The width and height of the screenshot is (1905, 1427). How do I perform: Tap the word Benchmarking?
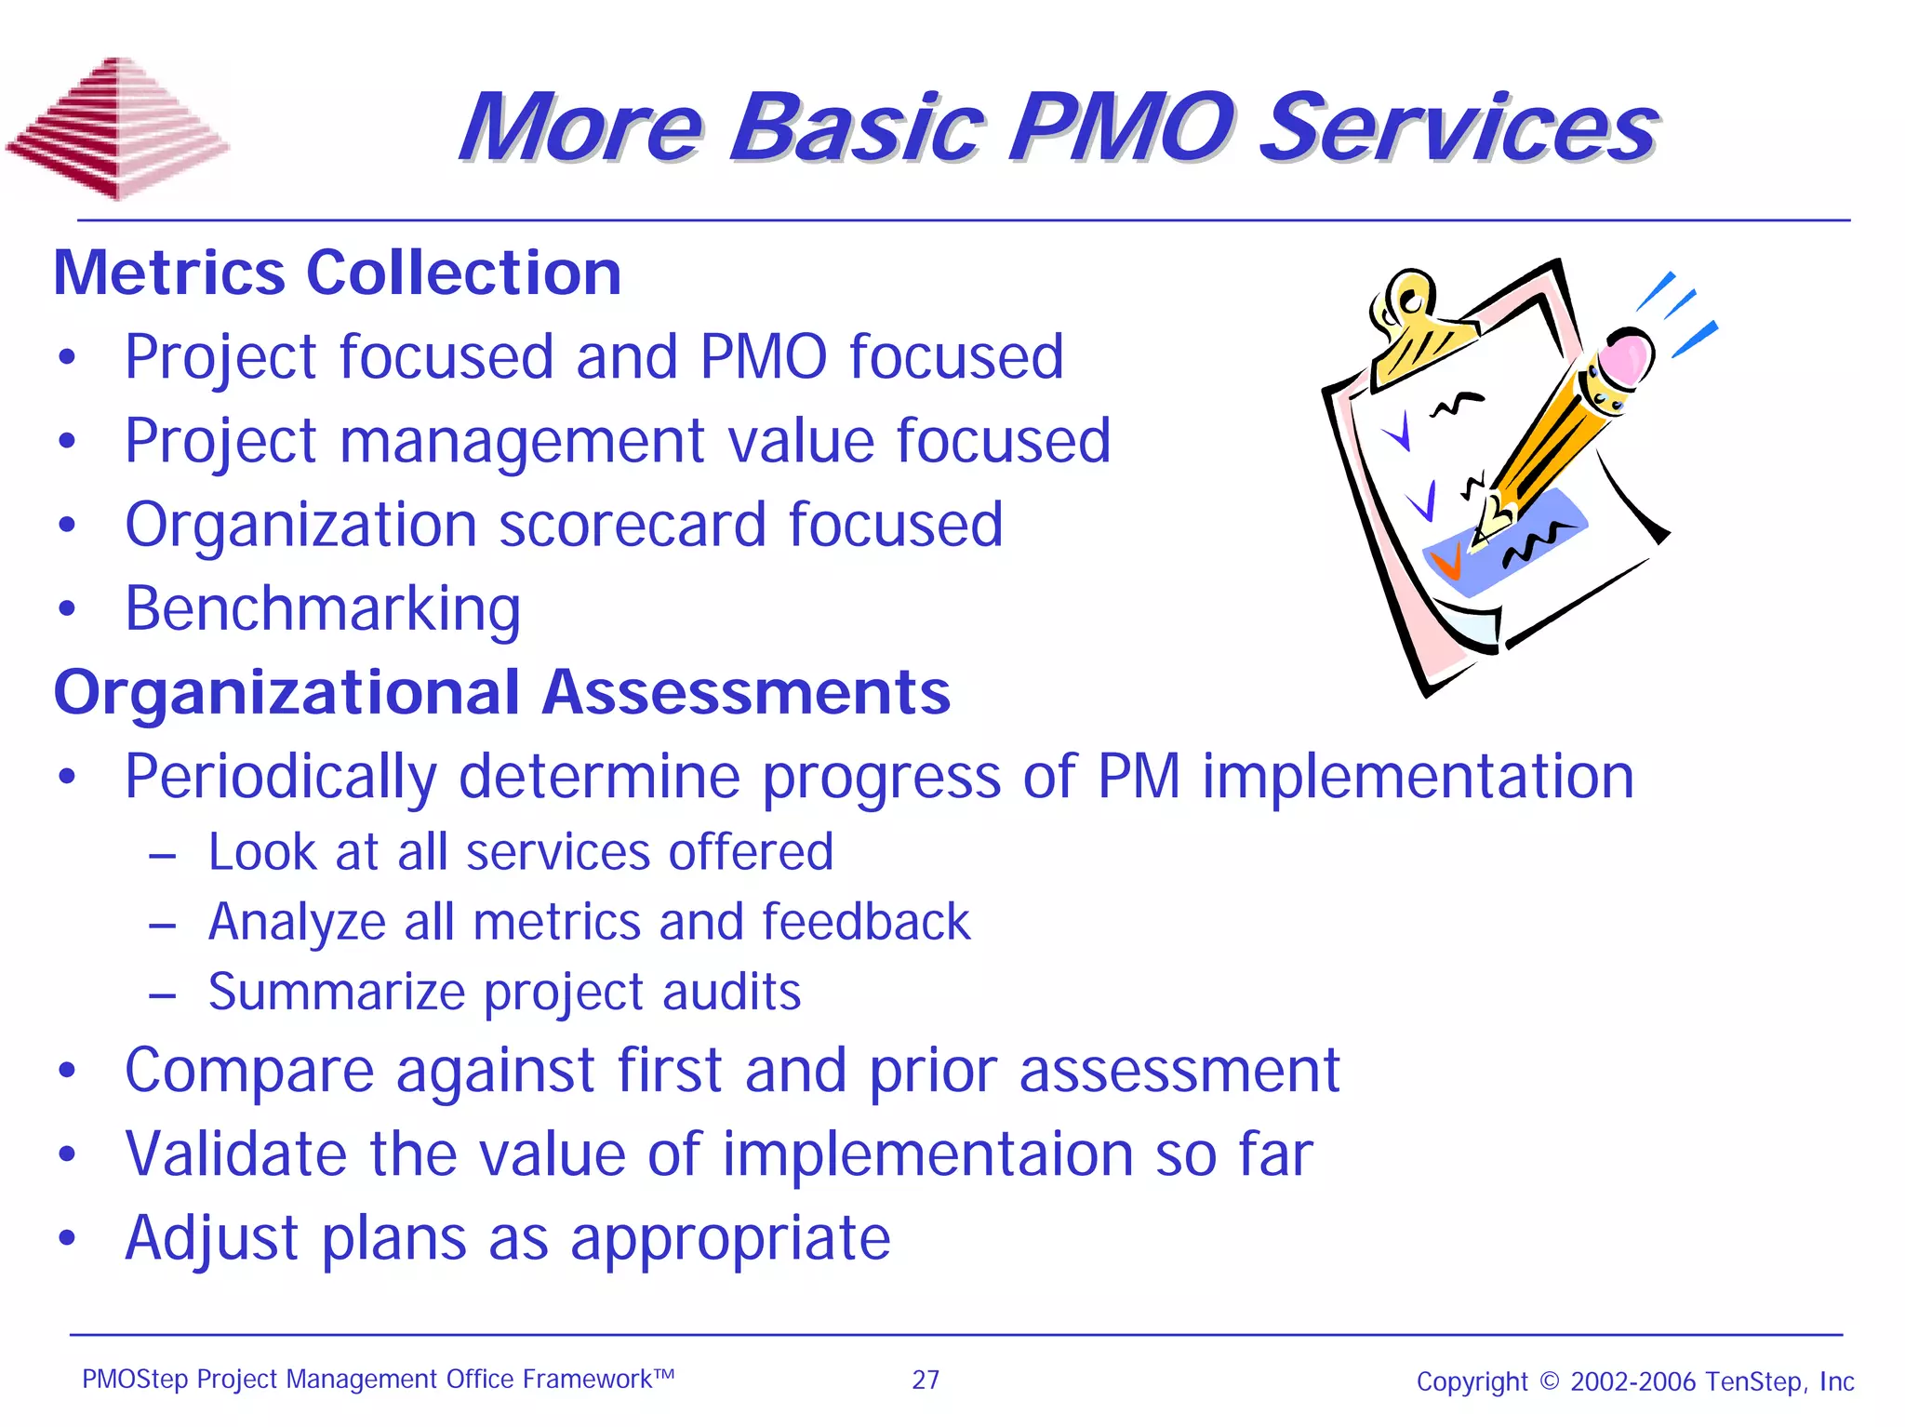[x=323, y=610]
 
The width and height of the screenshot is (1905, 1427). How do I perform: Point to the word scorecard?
[x=633, y=525]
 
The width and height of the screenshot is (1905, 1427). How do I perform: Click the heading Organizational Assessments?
[x=502, y=692]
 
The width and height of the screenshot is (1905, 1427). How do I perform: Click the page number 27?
[x=926, y=1380]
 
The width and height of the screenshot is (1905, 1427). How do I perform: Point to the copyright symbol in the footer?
[x=1550, y=1380]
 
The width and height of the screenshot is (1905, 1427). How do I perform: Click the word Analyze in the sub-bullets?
[x=296, y=923]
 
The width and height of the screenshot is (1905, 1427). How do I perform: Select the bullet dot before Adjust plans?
[x=66, y=1239]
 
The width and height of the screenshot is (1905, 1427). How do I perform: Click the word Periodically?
[x=280, y=777]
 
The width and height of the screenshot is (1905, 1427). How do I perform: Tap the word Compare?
[x=248, y=1071]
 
